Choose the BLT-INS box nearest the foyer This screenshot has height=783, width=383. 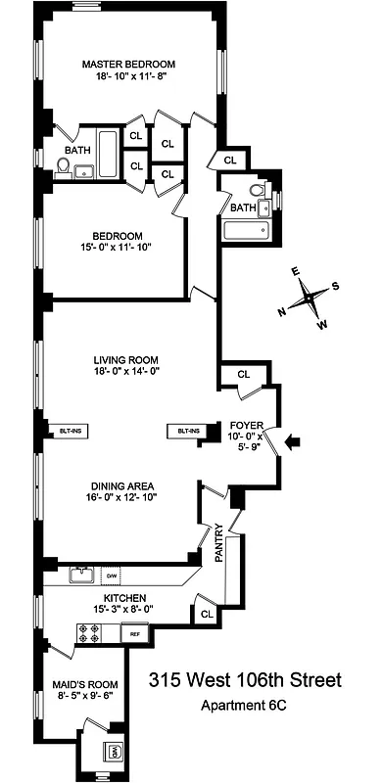pos(186,431)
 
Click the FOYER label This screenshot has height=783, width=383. pos(245,424)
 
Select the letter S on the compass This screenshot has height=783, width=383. pos(335,286)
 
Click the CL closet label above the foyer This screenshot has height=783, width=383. pos(243,373)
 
